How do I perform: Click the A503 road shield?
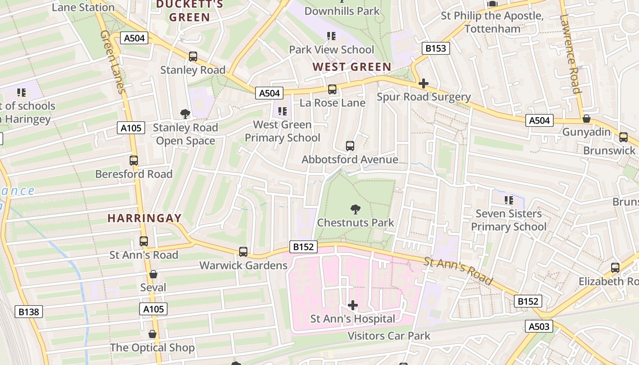click(539, 326)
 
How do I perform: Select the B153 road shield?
click(436, 48)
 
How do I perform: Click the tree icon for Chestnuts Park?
click(355, 209)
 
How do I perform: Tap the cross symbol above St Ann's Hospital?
click(353, 305)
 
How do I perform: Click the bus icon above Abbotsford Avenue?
click(350, 146)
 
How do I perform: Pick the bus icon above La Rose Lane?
click(332, 89)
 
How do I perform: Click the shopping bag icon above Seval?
click(153, 274)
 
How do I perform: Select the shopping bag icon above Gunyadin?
click(587, 119)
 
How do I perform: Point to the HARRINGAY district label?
click(145, 218)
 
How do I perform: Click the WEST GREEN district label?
click(352, 67)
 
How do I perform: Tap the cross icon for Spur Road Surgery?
click(424, 83)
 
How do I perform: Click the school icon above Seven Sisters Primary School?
click(509, 200)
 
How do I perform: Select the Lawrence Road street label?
click(571, 54)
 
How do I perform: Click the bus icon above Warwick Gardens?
click(243, 252)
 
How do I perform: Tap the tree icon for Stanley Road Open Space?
click(185, 114)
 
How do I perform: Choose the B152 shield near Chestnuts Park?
click(304, 247)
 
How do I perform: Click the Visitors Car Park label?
click(389, 336)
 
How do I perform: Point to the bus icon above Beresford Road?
click(134, 161)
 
